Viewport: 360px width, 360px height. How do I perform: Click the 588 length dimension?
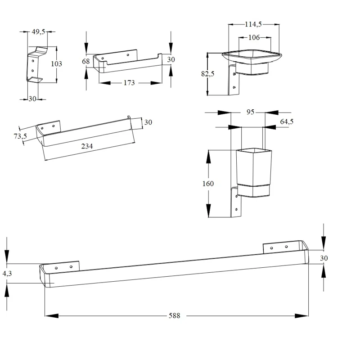tap(174, 316)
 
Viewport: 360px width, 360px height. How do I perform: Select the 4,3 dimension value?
tap(7, 274)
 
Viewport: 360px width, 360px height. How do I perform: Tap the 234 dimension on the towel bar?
tap(87, 146)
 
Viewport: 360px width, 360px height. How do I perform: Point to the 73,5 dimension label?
tap(20, 136)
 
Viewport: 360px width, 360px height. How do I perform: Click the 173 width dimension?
tap(129, 83)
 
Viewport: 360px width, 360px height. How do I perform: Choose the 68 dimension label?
tap(86, 61)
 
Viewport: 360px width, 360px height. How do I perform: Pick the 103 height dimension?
tap(57, 63)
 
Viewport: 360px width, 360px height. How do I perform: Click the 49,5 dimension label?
tap(38, 31)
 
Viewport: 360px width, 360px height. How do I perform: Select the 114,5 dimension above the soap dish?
tap(253, 24)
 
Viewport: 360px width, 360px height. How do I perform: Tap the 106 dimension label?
tap(254, 37)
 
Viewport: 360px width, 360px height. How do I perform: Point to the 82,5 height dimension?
tap(207, 74)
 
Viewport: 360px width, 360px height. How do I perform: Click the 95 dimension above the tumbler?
tap(251, 112)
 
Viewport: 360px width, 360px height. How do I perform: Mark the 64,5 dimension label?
tap(287, 121)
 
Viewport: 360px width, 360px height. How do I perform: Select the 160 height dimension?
tap(208, 184)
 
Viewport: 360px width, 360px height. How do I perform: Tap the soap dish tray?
tap(252, 56)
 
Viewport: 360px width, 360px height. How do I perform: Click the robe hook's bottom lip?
tap(35, 79)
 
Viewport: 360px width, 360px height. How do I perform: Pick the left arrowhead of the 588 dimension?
tap(52, 316)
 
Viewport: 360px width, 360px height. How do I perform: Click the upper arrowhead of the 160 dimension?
tap(208, 157)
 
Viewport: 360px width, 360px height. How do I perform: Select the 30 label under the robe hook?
tap(32, 99)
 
